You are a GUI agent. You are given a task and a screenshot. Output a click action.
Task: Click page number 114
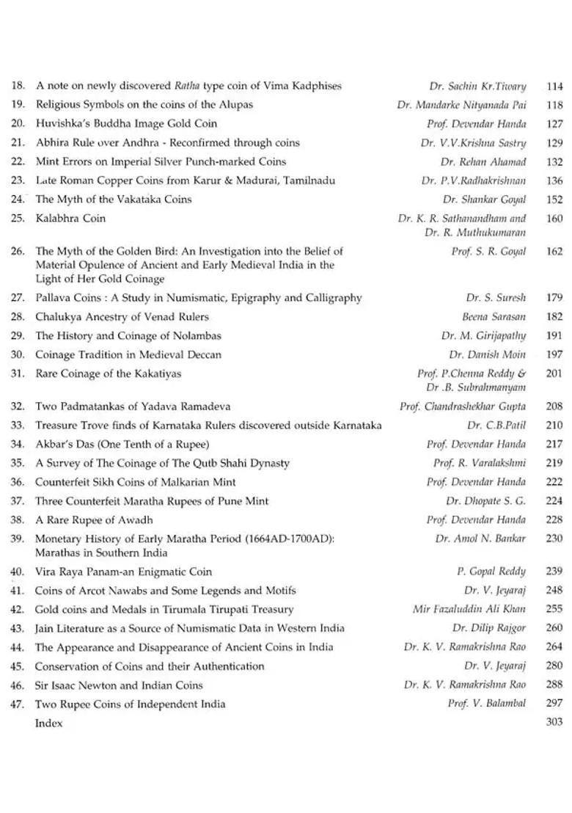tap(554, 87)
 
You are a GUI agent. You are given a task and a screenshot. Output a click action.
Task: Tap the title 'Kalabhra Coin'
tap(70, 218)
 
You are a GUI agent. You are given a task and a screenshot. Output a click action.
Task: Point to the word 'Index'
tap(49, 723)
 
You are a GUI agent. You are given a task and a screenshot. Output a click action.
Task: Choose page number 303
tap(554, 723)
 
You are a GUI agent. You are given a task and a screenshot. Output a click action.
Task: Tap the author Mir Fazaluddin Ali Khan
tap(469, 609)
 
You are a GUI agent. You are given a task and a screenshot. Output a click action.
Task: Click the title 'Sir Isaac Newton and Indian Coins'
tap(119, 685)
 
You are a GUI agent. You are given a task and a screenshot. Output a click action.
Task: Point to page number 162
tap(554, 251)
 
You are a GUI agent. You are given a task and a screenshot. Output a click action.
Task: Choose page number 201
tap(554, 373)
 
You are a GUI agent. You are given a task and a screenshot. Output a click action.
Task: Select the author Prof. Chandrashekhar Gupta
tap(463, 406)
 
